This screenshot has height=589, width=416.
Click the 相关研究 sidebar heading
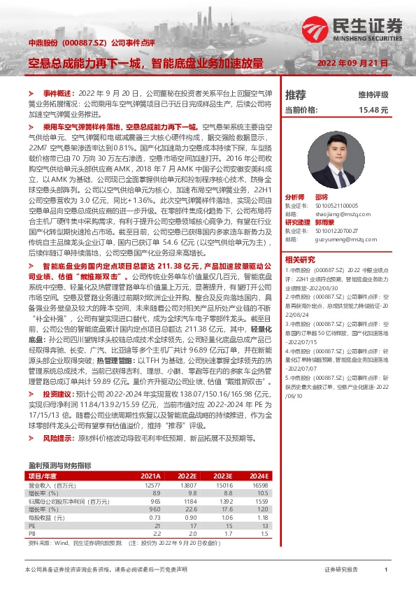pyautogui.click(x=319, y=260)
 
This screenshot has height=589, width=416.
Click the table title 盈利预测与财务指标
pyautogui.click(x=59, y=465)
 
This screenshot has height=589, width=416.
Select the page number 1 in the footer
pyautogui.click(x=386, y=570)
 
